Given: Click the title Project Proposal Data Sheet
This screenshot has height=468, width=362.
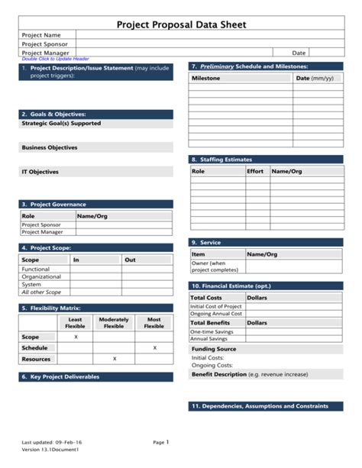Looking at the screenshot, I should pyautogui.click(x=181, y=24).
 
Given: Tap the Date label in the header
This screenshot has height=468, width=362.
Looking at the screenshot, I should pyautogui.click(x=299, y=53).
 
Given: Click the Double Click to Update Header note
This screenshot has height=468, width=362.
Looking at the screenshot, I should pyautogui.click(x=55, y=59).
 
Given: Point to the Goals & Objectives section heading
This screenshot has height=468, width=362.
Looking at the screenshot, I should pyautogui.click(x=53, y=114).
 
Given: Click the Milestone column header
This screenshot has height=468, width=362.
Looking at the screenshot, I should pyautogui.click(x=206, y=78).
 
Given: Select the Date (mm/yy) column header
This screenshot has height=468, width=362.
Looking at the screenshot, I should pyautogui.click(x=315, y=78).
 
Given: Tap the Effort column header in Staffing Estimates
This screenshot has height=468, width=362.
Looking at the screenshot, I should pyautogui.click(x=255, y=172).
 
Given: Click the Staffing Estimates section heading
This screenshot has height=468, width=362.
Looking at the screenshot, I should pyautogui.click(x=225, y=160).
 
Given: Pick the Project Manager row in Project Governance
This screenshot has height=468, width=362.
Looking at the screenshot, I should pyautogui.click(x=42, y=232).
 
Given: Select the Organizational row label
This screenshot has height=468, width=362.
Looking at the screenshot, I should pyautogui.click(x=42, y=277).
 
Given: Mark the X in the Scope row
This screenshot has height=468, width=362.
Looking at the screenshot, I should pyautogui.click(x=76, y=337).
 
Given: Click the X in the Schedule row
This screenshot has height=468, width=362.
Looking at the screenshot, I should pyautogui.click(x=154, y=347).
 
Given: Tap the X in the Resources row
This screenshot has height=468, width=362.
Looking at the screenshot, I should pyautogui.click(x=115, y=358).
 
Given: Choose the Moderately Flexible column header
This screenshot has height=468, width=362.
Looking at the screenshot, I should pyautogui.click(x=114, y=323).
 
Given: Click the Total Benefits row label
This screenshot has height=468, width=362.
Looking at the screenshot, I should pyautogui.click(x=210, y=323).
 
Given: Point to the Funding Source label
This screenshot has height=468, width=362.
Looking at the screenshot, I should pyautogui.click(x=214, y=349).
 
